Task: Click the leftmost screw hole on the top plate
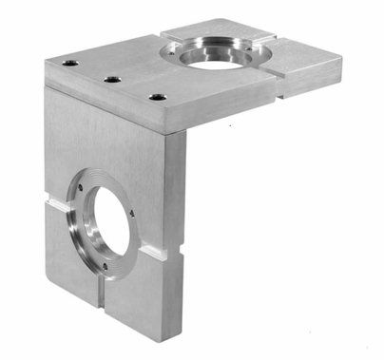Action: [x=70, y=63]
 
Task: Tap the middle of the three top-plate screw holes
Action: [x=113, y=79]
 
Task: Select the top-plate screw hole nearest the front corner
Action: [x=159, y=96]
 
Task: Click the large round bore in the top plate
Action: [x=219, y=54]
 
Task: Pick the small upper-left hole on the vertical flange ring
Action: [x=81, y=187]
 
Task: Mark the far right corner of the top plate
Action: [x=340, y=59]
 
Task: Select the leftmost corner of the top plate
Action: [x=46, y=63]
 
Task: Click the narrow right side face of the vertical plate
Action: [x=175, y=237]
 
